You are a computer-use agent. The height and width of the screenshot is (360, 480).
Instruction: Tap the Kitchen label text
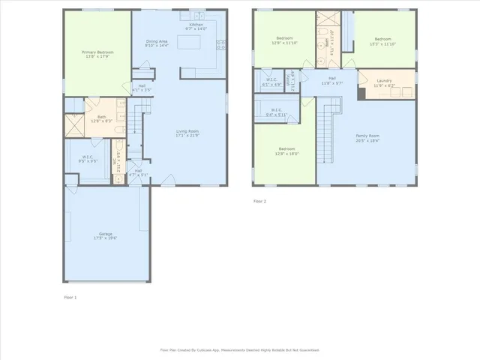click(196, 25)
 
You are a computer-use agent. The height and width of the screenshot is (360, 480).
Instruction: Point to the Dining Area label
click(156, 41)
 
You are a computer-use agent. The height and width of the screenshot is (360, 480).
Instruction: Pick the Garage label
click(106, 234)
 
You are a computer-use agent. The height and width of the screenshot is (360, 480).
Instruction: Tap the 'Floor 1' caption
click(70, 297)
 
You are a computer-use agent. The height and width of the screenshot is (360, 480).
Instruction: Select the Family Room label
click(367, 136)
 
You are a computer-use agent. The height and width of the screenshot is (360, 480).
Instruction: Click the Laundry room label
click(384, 79)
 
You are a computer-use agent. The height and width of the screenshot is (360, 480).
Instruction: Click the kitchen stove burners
click(220, 46)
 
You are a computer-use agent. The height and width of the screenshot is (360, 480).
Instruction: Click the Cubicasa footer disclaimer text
click(240, 349)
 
